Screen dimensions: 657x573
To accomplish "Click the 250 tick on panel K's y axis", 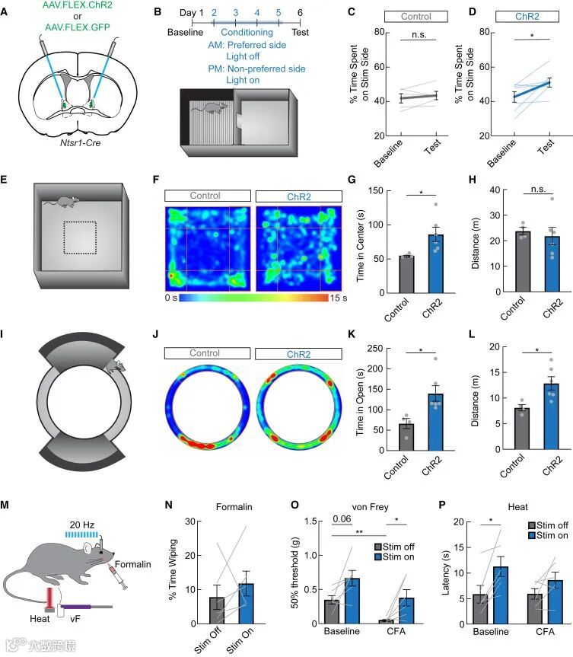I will (x=369, y=347).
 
